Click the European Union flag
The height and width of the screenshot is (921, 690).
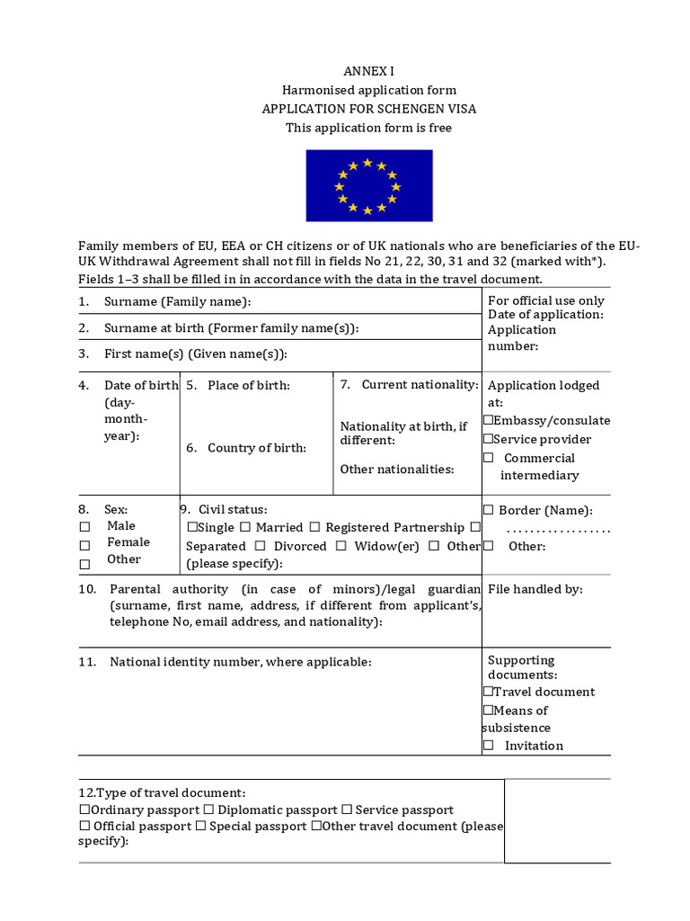[x=368, y=186]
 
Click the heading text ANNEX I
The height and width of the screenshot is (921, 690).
[x=368, y=71]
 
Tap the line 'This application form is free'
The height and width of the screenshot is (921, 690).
[x=368, y=128]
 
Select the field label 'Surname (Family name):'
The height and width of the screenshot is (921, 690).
[x=177, y=301]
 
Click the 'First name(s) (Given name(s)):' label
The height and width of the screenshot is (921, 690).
[x=195, y=354]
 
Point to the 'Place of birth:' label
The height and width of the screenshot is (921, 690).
[x=248, y=385]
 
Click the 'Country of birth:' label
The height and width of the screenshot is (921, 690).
[x=256, y=448]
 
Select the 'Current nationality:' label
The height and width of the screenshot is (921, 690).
[x=420, y=385]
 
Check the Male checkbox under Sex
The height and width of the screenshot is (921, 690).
[x=84, y=527]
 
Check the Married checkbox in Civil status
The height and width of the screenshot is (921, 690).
[x=245, y=528]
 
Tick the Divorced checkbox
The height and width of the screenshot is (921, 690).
[x=260, y=547]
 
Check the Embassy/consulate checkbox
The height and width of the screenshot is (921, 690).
[x=488, y=421]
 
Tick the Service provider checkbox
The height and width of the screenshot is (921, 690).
[x=488, y=440]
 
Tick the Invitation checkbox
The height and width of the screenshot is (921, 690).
[x=489, y=746]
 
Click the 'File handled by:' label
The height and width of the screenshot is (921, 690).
[x=535, y=589]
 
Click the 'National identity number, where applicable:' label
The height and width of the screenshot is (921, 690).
[x=240, y=662]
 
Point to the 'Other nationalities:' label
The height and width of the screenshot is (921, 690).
[x=396, y=469]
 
